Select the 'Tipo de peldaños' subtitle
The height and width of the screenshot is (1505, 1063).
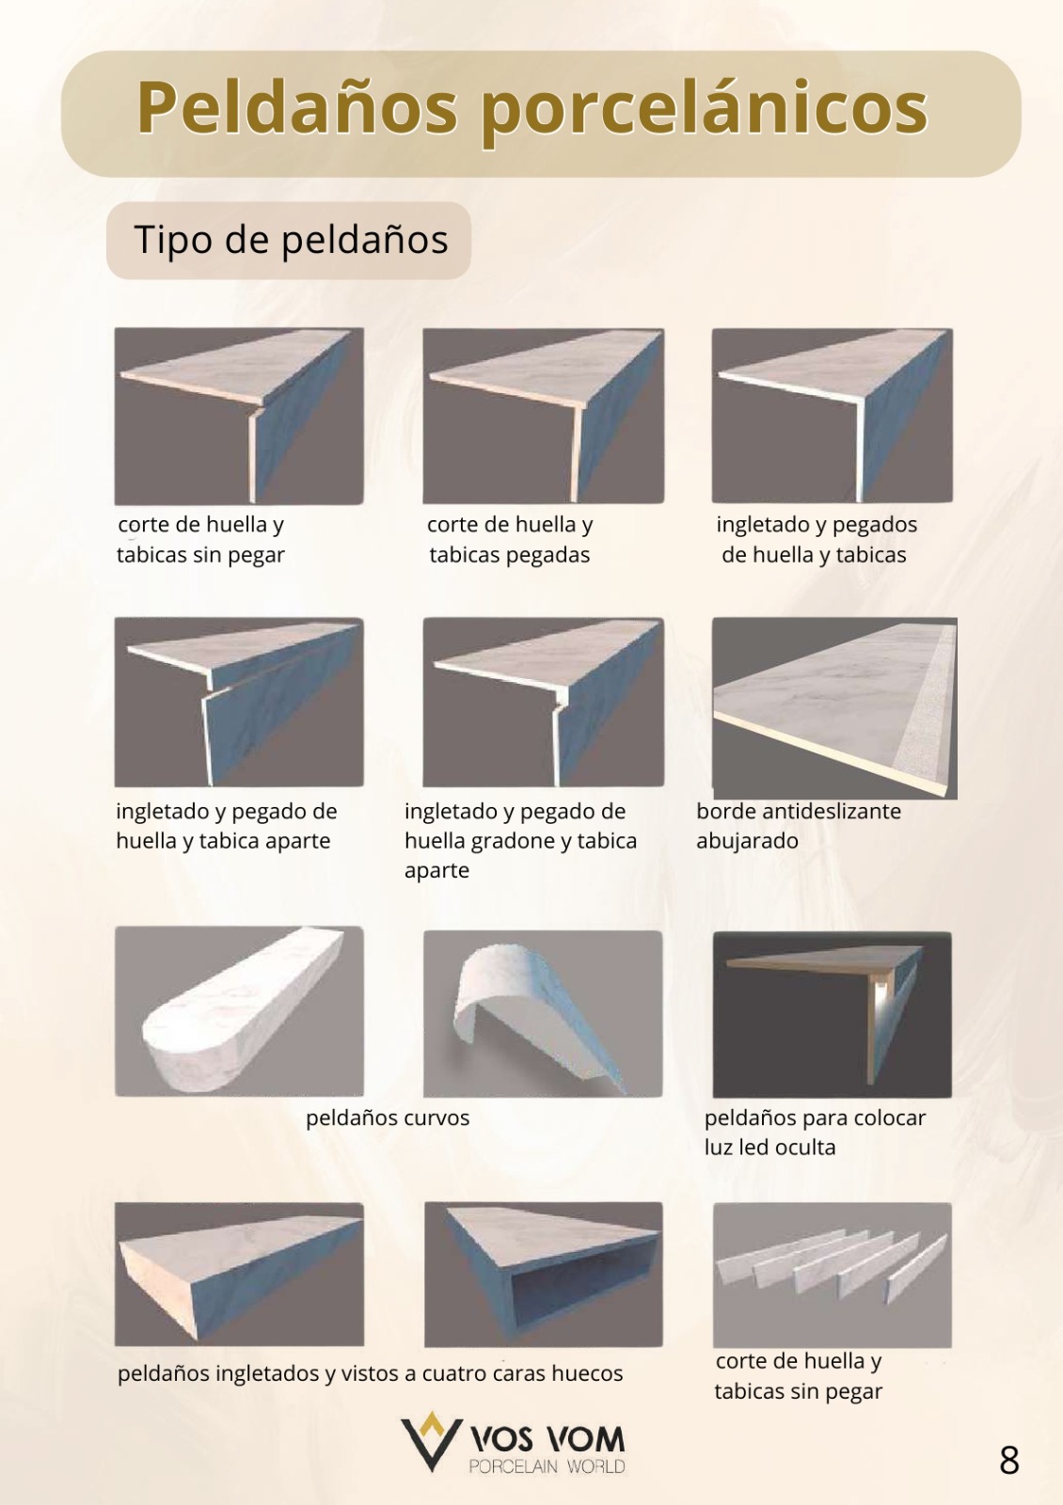pyautogui.click(x=291, y=240)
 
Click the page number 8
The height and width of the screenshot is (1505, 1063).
pyautogui.click(x=1009, y=1460)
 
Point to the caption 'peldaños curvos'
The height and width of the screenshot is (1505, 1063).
pyautogui.click(x=388, y=1118)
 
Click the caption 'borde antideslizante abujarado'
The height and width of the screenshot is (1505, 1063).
pyautogui.click(x=799, y=826)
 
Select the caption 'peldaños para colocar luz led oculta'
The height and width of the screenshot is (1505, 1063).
pyautogui.click(x=815, y=1133)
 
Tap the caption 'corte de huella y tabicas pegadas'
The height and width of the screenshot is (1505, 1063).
pyautogui.click(x=510, y=540)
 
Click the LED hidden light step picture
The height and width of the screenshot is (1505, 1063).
pyautogui.click(x=832, y=1015)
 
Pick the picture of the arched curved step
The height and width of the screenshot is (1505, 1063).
pyautogui.click(x=543, y=1014)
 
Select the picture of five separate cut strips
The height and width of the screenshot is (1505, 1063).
pyautogui.click(x=832, y=1275)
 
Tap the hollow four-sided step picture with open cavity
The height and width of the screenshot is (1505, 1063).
pyautogui.click(x=544, y=1274)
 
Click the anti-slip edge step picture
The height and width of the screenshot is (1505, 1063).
pyautogui.click(x=834, y=708)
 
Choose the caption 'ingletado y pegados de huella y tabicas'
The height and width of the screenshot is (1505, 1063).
pyautogui.click(x=816, y=540)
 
